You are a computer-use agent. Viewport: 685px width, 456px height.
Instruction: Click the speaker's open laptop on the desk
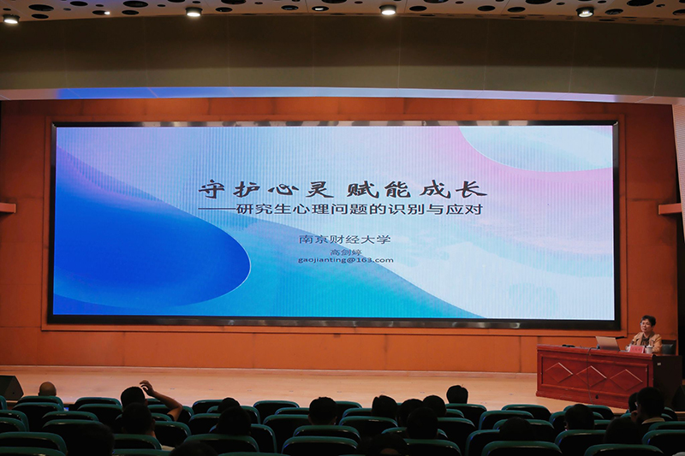click(608, 343)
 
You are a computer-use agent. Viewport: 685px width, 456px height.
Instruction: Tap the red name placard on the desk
click(635, 349)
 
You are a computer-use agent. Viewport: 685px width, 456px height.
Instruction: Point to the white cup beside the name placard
click(649, 350)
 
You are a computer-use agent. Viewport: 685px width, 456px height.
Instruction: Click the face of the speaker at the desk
click(647, 325)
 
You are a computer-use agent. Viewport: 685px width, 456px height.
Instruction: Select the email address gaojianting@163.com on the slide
click(346, 260)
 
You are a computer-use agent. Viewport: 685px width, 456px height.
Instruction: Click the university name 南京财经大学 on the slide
click(345, 240)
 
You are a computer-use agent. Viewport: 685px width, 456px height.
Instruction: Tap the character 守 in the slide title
click(211, 189)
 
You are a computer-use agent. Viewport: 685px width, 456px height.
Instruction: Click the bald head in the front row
click(47, 389)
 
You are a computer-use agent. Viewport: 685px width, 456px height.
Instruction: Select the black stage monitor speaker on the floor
click(9, 388)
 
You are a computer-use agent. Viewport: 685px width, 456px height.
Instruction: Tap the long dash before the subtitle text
click(217, 209)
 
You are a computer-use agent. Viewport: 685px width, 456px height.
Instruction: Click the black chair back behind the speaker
click(669, 346)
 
